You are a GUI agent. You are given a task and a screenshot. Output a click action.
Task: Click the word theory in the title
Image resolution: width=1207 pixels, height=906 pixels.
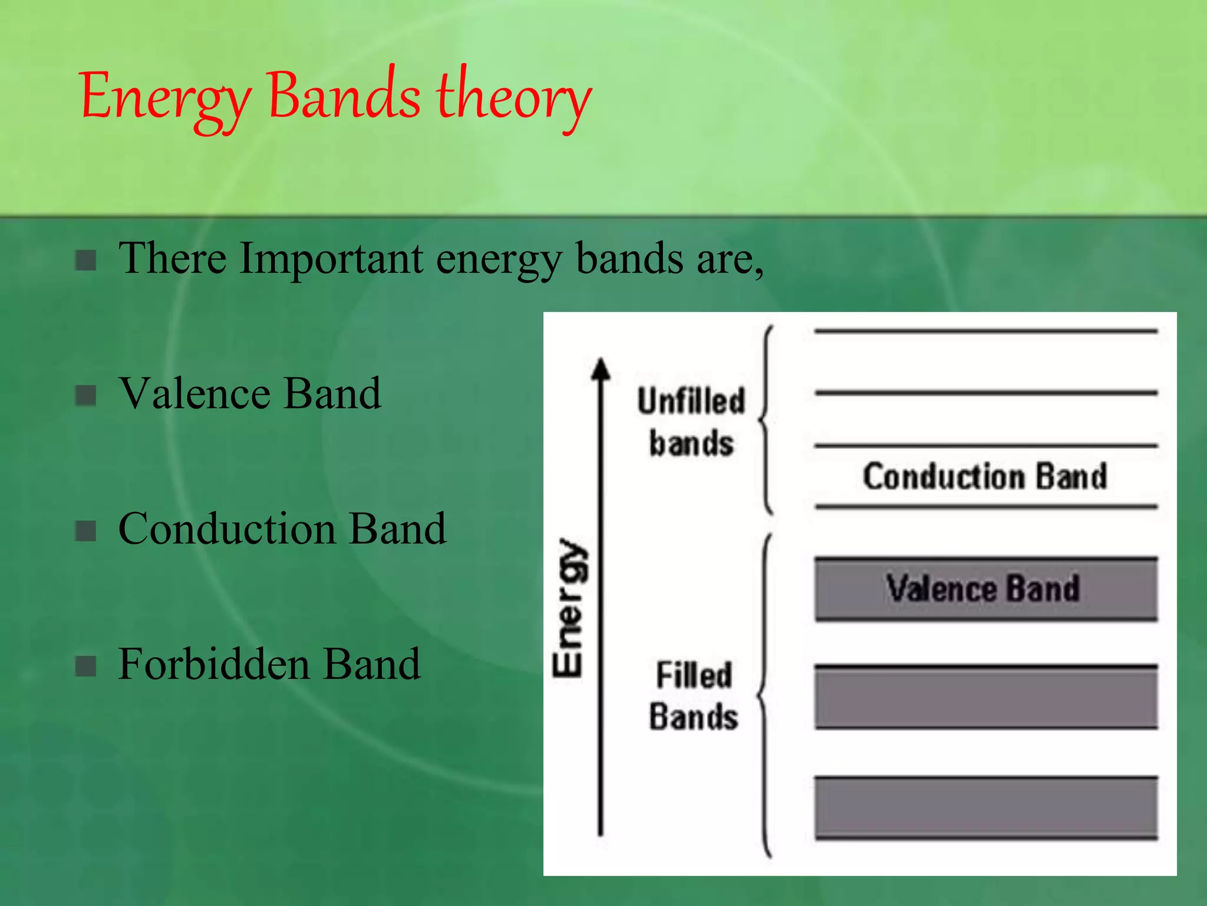click(513, 97)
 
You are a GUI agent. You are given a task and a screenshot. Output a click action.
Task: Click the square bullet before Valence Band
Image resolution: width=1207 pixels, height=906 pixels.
click(86, 395)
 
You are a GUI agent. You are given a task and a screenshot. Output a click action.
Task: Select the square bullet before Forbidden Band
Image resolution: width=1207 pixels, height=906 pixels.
click(86, 666)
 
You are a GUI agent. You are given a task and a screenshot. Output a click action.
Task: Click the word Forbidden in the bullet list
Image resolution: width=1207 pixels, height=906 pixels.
click(214, 664)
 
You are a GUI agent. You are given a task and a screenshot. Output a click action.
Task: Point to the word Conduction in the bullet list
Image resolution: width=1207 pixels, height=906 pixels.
click(227, 528)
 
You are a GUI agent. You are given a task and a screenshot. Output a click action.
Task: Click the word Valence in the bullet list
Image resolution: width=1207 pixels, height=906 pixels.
click(194, 393)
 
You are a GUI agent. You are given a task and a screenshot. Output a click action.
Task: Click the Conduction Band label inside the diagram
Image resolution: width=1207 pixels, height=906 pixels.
click(985, 477)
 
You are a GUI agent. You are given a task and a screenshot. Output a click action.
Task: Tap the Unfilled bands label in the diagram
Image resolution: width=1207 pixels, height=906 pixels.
click(691, 422)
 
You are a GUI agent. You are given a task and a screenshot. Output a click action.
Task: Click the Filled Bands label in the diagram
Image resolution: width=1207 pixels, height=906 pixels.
click(693, 696)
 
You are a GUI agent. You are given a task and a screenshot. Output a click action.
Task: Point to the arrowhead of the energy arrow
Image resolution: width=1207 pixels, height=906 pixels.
click(601, 369)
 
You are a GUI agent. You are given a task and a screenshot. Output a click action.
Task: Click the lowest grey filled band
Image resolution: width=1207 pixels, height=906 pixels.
click(986, 807)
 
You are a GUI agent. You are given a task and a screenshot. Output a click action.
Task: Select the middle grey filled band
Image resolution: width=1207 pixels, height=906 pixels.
click(986, 697)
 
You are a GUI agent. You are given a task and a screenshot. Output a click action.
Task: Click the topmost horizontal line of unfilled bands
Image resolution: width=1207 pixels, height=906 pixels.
click(986, 331)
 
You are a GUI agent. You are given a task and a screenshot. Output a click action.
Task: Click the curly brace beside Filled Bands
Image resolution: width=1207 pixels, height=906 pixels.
click(764, 696)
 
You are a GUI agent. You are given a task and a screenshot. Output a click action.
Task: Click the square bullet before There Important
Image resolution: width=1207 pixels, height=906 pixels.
click(86, 260)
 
